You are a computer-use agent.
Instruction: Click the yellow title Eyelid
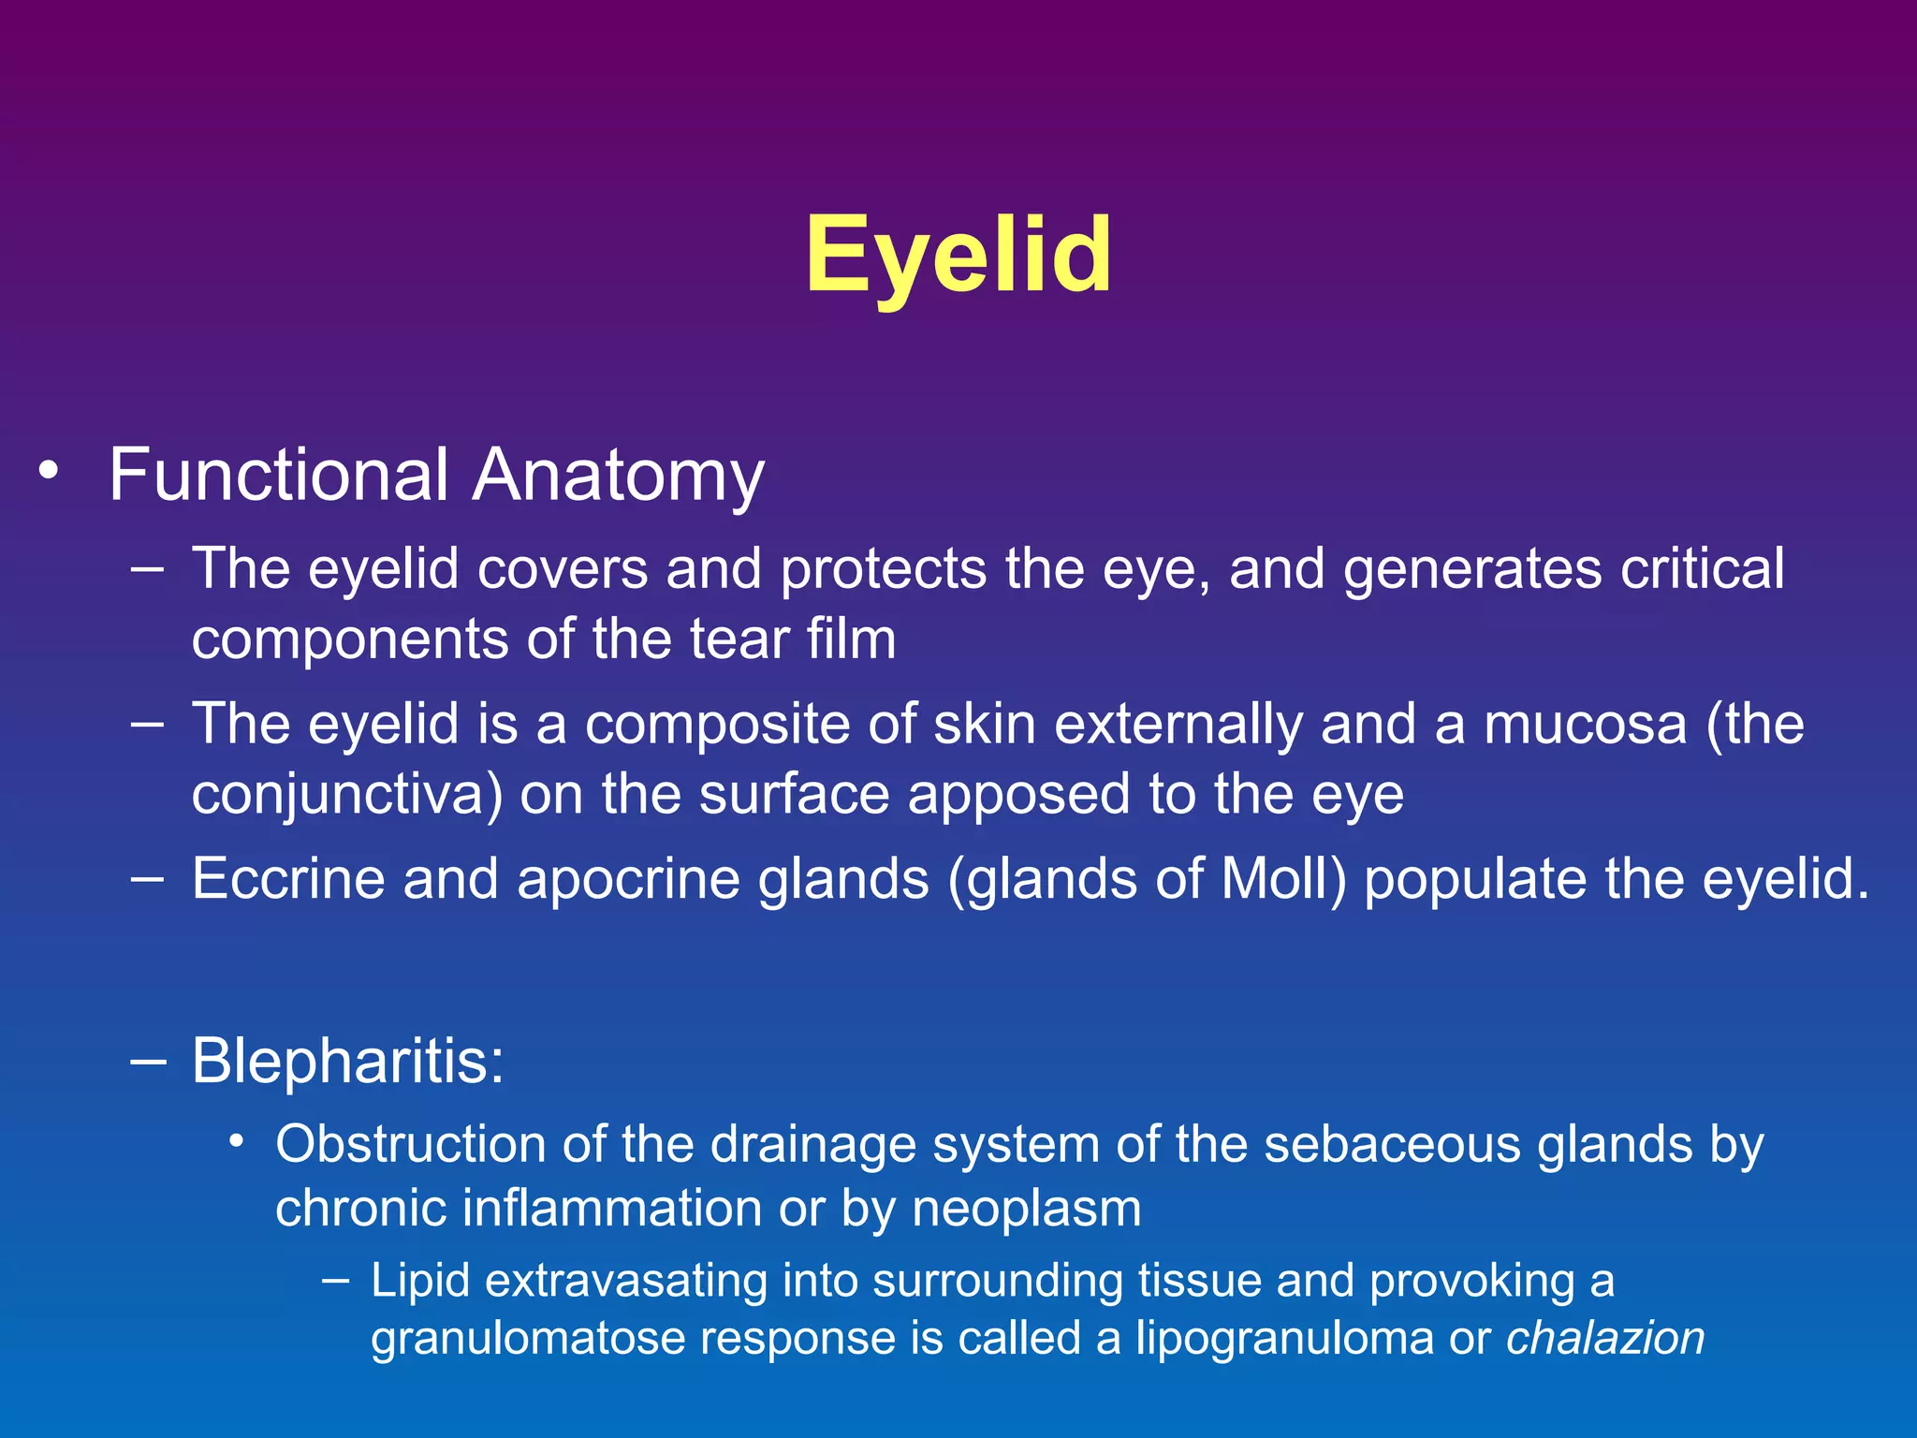958,255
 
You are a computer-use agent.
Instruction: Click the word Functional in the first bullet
279,476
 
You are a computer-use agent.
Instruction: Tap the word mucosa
1585,725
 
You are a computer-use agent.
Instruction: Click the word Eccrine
288,879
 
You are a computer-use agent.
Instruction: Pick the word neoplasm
1027,1209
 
